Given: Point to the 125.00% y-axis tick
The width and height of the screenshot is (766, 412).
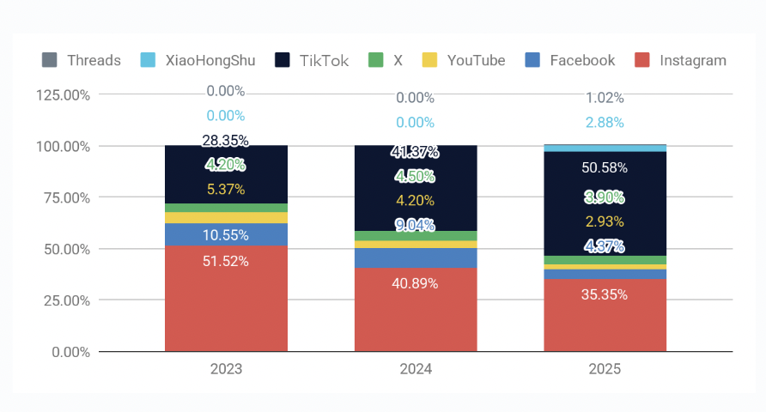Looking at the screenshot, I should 63,94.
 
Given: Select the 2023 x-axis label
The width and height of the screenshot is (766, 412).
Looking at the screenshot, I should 226,369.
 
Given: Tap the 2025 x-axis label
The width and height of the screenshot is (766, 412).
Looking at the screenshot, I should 605,369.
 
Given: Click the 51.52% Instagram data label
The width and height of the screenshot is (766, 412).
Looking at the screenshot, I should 226,261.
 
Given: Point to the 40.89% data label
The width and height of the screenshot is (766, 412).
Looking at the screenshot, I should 416,283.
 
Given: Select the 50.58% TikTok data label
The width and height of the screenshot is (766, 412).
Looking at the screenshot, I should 605,167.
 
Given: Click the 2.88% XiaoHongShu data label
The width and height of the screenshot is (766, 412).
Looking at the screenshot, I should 605,123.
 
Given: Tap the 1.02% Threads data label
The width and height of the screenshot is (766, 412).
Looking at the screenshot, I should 605,98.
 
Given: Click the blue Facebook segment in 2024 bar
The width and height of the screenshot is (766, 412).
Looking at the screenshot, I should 416,257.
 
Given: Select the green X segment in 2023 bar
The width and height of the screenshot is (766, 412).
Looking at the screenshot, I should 226,208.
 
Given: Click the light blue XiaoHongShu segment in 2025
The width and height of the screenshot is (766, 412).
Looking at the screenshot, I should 605,148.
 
